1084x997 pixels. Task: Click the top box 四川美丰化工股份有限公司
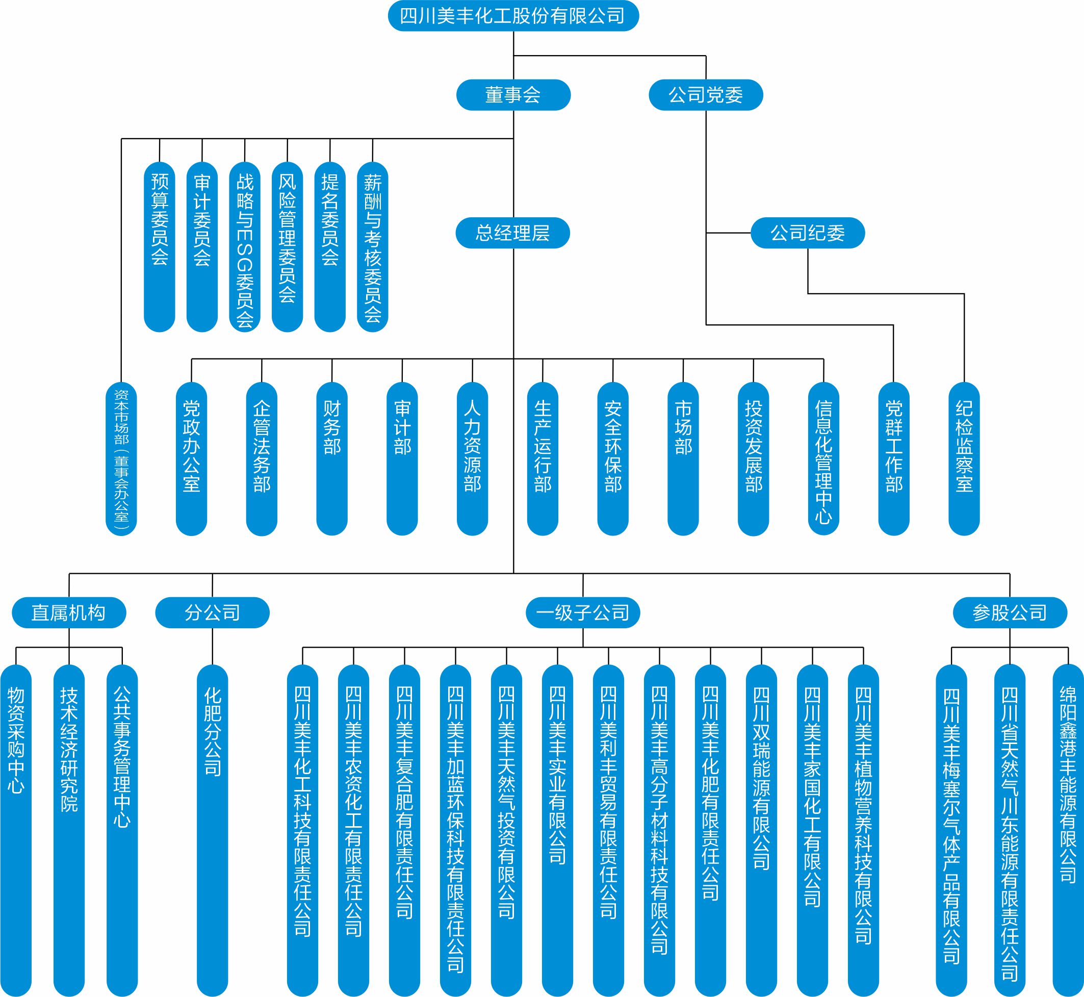pos(513,16)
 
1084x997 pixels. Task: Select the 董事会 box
pos(513,95)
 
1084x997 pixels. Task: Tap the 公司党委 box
pos(705,95)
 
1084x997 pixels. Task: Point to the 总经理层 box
pos(513,233)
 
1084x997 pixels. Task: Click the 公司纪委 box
pos(807,233)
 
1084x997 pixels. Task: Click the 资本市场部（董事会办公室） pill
pos(121,458)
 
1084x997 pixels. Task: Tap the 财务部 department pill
pos(331,458)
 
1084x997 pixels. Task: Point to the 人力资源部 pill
pos(473,458)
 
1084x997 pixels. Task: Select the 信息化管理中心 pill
pos(823,458)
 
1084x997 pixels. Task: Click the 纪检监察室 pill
pos(964,458)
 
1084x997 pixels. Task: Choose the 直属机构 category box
pos(69,613)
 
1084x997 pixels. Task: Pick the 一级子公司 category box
pos(582,613)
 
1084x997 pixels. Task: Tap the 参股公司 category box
pos(1010,613)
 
